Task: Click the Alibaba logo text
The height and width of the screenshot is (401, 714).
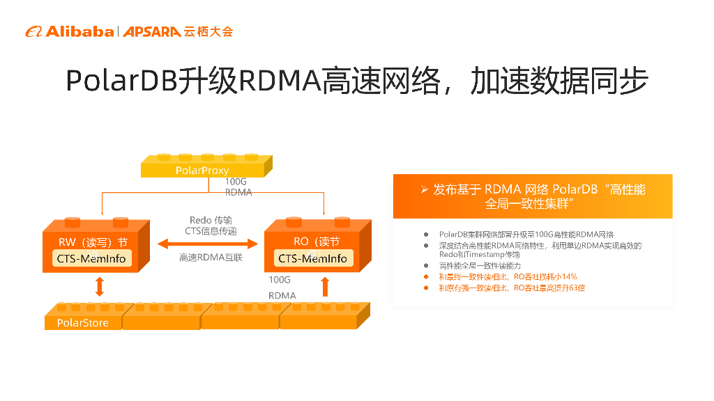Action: [79, 31]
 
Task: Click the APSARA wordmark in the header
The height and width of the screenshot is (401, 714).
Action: [152, 31]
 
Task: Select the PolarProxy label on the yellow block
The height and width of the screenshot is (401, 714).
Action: [202, 170]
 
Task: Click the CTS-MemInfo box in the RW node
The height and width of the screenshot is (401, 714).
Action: [91, 258]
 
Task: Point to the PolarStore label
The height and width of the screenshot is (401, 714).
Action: [82, 322]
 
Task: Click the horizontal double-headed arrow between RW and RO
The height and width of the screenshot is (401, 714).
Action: [207, 244]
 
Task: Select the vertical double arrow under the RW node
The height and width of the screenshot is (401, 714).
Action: [99, 286]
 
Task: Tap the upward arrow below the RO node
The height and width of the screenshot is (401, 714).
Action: [324, 286]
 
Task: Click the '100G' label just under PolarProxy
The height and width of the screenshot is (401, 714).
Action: [236, 181]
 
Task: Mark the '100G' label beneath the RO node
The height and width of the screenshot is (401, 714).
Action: [280, 280]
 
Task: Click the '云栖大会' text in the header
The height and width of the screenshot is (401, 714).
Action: [208, 31]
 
